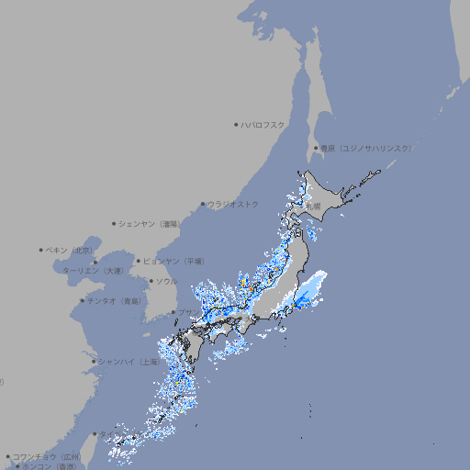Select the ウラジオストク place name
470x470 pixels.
point(234,204)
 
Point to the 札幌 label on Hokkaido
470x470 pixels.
point(314,207)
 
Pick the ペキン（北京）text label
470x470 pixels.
point(71,250)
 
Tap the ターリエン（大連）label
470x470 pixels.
point(93,271)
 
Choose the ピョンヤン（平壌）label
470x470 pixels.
point(173,261)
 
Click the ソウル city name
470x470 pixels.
point(166,281)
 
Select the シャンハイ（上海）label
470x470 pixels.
point(129,362)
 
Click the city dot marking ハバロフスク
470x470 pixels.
point(236,124)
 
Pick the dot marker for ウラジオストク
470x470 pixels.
point(203,204)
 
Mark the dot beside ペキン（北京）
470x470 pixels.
point(41,250)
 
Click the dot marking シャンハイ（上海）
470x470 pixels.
point(94,362)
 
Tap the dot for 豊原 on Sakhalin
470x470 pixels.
point(316,148)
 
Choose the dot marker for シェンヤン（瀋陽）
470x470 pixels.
point(114,223)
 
